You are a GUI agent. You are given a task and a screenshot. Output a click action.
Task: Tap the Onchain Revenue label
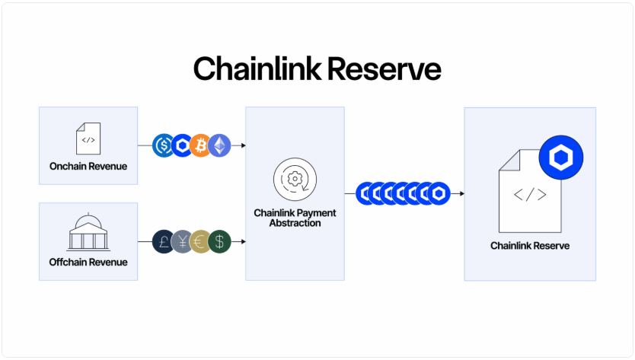coord(88,166)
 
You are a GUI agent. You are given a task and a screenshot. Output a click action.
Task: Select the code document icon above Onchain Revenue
coord(88,139)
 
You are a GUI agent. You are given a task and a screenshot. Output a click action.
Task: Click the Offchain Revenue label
coord(88,262)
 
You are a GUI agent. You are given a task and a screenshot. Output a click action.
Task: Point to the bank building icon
coord(88,233)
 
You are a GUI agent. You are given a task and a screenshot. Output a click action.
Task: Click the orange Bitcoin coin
coord(201,145)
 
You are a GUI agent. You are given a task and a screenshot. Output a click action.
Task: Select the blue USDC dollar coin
coord(164,145)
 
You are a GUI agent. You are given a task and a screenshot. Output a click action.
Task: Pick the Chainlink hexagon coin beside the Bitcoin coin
coord(182,145)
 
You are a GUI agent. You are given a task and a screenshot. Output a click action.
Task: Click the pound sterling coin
coord(164,241)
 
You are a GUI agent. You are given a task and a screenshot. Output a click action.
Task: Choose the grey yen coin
coord(183,241)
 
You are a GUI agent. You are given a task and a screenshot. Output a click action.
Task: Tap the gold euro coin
coord(201,241)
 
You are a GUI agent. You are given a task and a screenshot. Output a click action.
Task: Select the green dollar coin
coord(219,241)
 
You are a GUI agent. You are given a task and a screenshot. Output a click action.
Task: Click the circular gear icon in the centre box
coord(295,180)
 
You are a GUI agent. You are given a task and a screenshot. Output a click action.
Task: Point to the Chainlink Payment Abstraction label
coord(295,218)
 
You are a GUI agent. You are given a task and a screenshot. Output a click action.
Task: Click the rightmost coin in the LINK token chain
coord(439,193)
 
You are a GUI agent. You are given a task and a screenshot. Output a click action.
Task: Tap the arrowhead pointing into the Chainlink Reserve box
coord(461,193)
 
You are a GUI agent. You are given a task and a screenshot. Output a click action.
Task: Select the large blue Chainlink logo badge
coord(561,158)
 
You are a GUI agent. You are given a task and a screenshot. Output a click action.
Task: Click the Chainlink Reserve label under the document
coord(530,246)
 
